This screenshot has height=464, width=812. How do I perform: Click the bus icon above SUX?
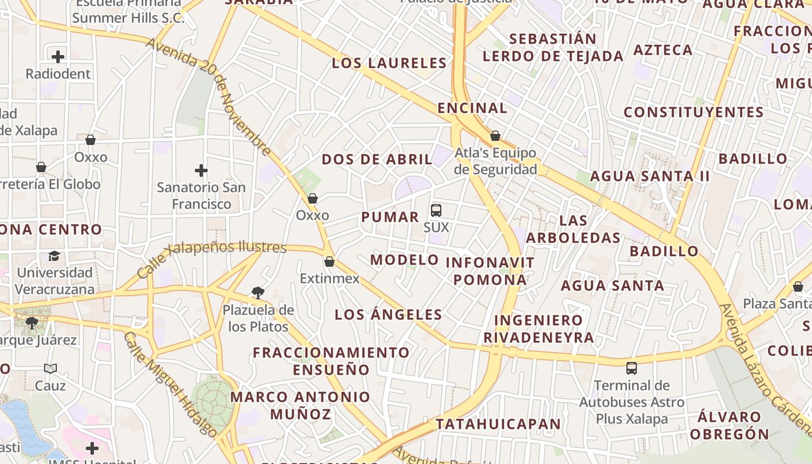tap(436, 211)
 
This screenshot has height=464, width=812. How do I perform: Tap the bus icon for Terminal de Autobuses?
tap(632, 368)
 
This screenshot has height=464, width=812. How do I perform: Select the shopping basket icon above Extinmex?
tap(329, 262)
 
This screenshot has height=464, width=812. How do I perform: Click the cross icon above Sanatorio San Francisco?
tap(201, 171)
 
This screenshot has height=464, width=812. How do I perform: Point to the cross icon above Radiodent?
tap(58, 57)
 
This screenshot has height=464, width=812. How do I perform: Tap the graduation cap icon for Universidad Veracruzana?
tap(54, 256)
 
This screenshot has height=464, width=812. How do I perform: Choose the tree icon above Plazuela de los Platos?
tap(258, 293)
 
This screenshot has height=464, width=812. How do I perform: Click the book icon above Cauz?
tap(50, 368)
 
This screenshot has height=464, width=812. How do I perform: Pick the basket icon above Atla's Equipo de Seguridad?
tap(495, 136)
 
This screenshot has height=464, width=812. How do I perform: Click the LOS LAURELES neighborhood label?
tap(389, 63)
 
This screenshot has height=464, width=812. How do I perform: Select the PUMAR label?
tap(390, 217)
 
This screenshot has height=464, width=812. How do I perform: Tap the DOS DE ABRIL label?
tap(377, 159)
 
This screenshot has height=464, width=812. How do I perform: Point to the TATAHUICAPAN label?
tap(498, 424)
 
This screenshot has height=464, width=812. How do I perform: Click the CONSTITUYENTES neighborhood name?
tap(694, 112)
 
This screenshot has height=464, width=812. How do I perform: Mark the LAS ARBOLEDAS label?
tap(573, 229)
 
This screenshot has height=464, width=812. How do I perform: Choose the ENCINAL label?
tap(472, 108)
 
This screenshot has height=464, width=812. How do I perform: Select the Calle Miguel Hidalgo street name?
tap(171, 386)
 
